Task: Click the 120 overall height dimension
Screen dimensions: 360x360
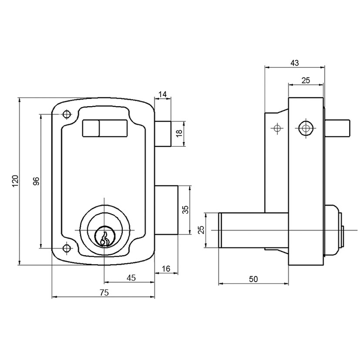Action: tap(14, 181)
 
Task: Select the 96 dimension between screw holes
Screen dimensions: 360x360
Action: tap(36, 181)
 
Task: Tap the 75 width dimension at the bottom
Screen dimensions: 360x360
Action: tap(103, 292)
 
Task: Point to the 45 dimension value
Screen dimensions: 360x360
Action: tap(130, 278)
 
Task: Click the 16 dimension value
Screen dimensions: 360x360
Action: tap(165, 269)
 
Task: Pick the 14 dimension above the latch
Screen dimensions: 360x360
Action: tap(163, 94)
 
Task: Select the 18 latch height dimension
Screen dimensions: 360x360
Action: tap(179, 134)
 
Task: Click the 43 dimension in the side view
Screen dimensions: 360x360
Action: tap(295, 63)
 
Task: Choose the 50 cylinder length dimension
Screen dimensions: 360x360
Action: tap(253, 279)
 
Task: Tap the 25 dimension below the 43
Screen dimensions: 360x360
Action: tap(306, 80)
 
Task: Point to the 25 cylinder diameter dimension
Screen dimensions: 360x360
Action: tap(201, 229)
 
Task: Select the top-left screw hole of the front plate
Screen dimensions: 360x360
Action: tap(67, 114)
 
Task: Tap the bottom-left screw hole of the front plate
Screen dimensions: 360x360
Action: tap(67, 248)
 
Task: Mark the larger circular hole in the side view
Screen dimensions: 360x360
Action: tap(306, 128)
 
